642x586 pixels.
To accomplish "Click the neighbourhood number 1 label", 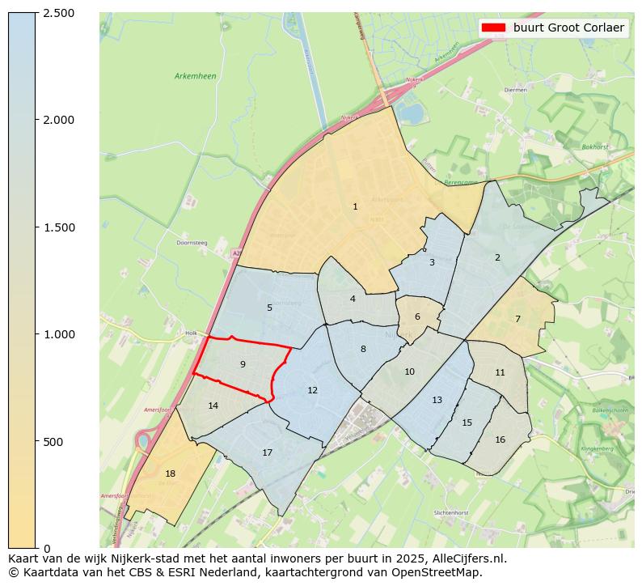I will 355,207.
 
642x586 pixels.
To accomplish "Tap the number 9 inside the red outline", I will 243,365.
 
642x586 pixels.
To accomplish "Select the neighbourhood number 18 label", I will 170,474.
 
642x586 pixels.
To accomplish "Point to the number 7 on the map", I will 517,319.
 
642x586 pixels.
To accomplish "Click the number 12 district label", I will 312,391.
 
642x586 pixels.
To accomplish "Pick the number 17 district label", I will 267,452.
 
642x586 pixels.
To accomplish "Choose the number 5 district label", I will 269,308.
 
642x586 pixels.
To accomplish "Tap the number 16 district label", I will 500,439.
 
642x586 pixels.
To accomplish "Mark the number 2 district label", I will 497,257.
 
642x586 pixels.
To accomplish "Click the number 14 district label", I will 213,406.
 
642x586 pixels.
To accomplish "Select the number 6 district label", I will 417,317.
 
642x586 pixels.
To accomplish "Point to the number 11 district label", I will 500,373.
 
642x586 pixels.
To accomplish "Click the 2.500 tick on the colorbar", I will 59,13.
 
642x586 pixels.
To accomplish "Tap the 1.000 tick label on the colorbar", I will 59,334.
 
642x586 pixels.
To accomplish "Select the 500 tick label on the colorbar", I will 54,442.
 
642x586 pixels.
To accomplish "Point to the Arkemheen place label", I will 195,76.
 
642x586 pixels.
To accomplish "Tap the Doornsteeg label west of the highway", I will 192,243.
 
